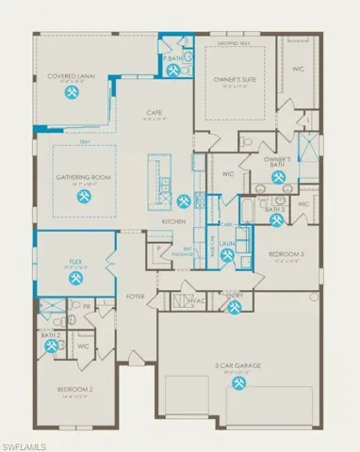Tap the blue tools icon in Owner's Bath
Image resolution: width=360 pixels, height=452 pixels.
(278, 176)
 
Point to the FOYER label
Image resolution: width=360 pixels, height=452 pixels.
(137, 296)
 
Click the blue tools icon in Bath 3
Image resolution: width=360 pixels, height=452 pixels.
(275, 220)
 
